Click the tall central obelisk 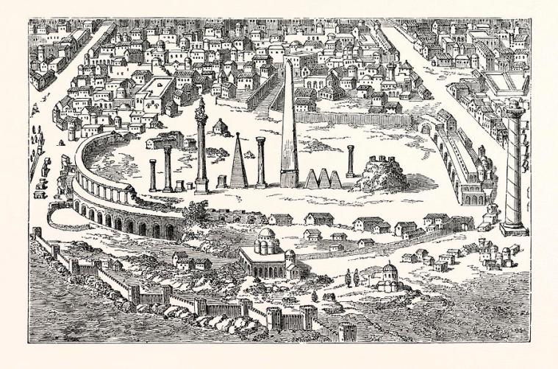288,129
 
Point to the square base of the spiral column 514,229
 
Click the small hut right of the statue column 218,127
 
